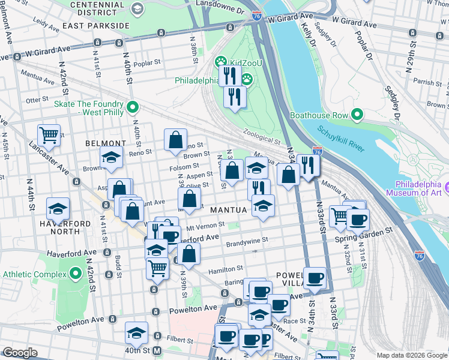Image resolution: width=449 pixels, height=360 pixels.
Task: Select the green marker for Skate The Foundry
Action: tap(133, 108)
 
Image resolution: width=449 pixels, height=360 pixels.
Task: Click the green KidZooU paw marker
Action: tap(220, 62)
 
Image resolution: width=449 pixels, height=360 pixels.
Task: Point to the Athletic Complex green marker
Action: tap(76, 274)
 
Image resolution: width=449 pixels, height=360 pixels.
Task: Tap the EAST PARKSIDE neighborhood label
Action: tap(95, 26)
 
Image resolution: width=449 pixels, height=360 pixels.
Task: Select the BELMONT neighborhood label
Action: tap(105, 144)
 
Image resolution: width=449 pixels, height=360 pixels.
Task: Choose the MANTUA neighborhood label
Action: tap(229, 210)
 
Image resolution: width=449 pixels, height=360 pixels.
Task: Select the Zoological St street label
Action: tap(262, 137)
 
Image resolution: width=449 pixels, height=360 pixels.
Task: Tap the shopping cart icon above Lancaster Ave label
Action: tap(49, 134)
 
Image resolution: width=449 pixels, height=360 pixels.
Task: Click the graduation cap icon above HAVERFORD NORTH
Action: tap(58, 208)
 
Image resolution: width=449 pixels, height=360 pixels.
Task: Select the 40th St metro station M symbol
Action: tap(157, 350)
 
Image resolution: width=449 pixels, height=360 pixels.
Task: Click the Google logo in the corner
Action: tap(20, 353)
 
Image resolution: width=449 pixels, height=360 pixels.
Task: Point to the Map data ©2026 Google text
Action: tap(411, 355)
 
